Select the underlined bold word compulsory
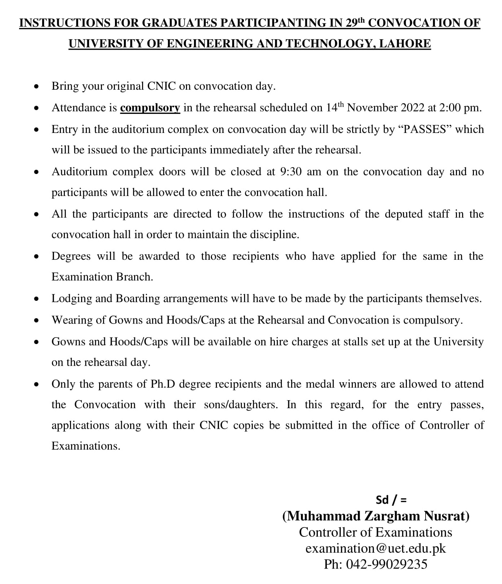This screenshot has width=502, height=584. [150, 108]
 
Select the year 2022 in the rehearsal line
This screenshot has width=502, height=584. [411, 108]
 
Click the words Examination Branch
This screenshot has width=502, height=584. [102, 277]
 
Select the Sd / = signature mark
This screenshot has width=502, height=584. [391, 500]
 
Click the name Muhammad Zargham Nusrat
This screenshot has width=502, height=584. [376, 516]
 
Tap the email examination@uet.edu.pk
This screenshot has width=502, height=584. [376, 548]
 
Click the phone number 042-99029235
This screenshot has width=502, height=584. [386, 564]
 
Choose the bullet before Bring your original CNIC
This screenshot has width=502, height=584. [36, 87]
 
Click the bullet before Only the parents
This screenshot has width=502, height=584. [36, 385]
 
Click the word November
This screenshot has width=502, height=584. [371, 108]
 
